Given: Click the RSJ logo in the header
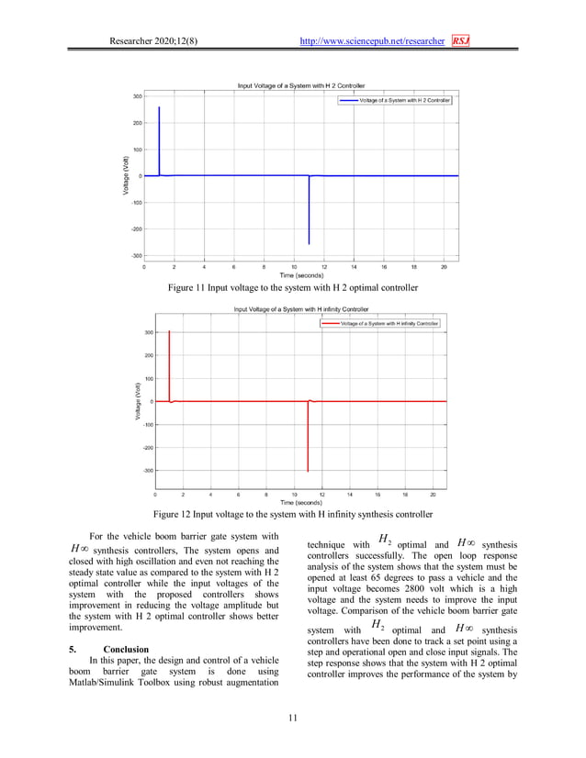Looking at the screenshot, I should click(x=460, y=41).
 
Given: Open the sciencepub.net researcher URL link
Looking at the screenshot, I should click(x=374, y=41).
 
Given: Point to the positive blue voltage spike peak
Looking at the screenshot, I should click(x=159, y=107).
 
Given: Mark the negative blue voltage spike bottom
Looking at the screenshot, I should click(x=309, y=243).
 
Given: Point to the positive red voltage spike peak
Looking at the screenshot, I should click(x=169, y=332).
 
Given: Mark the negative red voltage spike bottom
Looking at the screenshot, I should click(x=308, y=470).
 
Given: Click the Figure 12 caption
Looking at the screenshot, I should click(x=292, y=514).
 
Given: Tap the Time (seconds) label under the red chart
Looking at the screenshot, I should click(x=300, y=503).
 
